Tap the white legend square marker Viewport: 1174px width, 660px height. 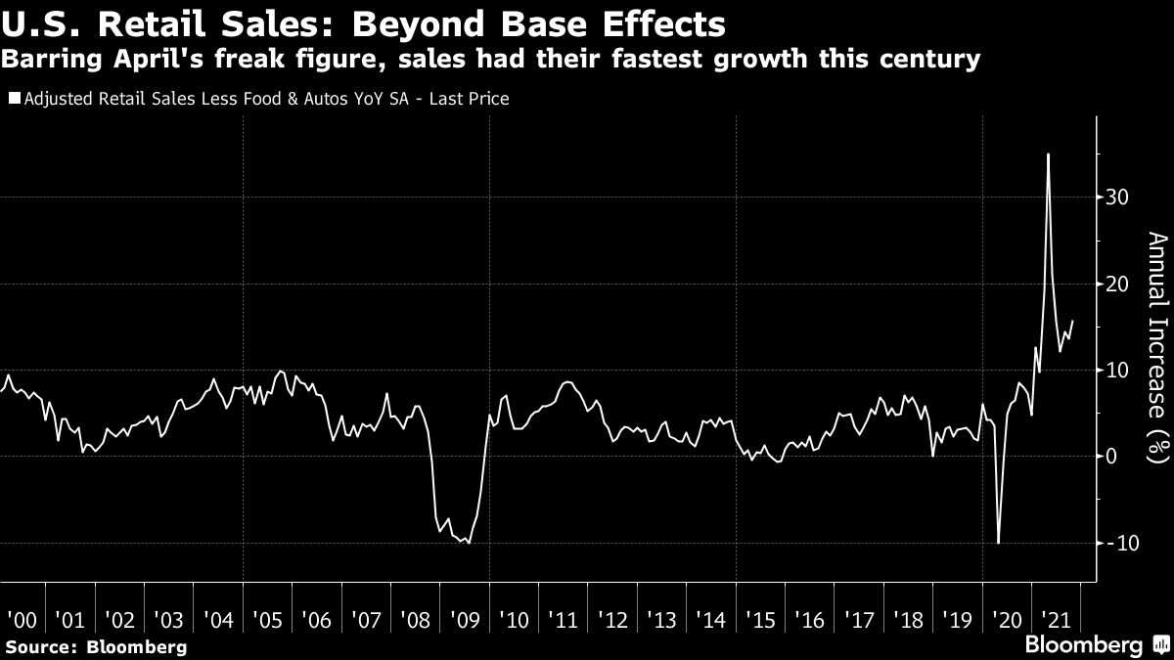[12, 99]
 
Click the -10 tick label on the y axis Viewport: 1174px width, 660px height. [1116, 543]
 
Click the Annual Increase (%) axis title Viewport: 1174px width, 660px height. [1157, 347]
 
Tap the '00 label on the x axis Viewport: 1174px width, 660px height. [21, 620]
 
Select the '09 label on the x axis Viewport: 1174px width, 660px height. [464, 620]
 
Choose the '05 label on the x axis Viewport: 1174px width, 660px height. [267, 620]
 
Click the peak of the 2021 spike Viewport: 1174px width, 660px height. [1048, 154]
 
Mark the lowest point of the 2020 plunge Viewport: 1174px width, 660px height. [998, 543]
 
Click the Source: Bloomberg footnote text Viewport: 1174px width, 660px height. [95, 646]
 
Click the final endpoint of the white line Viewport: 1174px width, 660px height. [1072, 321]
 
